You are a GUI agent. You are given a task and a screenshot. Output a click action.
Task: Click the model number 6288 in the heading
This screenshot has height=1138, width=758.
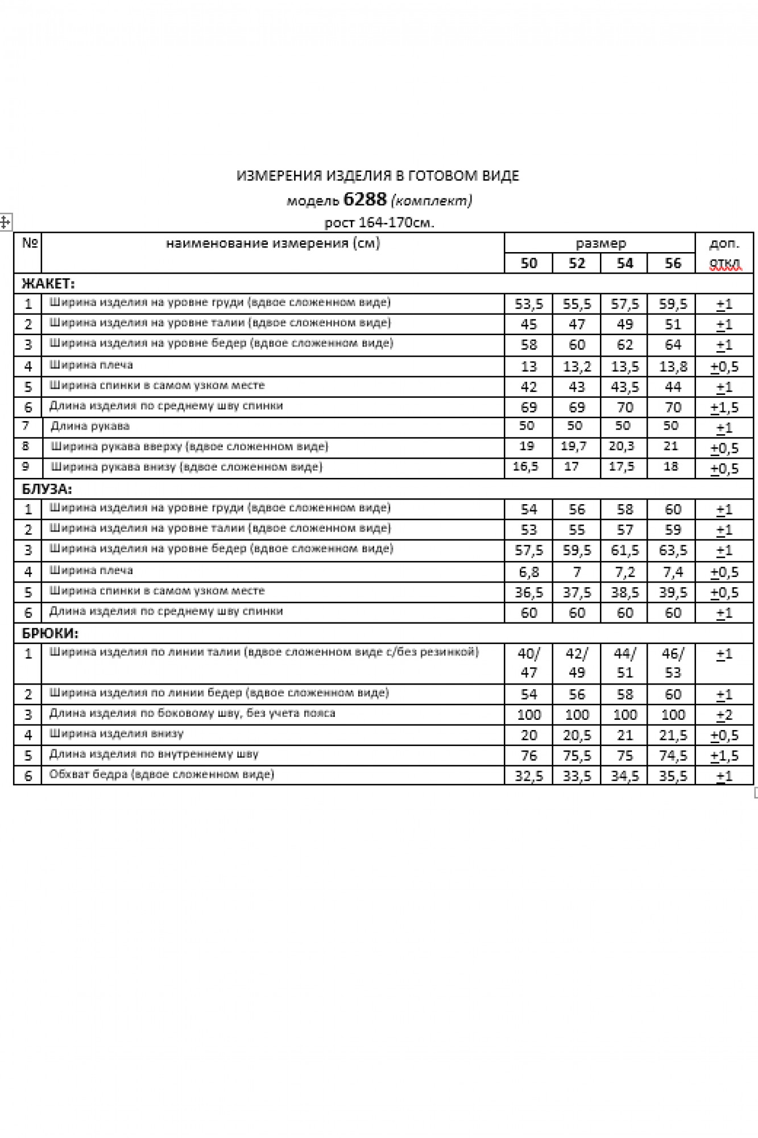click(365, 199)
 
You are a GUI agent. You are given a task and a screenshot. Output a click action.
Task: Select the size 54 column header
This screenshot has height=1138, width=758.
click(624, 263)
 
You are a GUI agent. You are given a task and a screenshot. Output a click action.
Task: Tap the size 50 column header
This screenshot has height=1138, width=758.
click(528, 263)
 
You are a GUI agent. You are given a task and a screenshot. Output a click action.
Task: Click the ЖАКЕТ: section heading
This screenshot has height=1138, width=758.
click(48, 283)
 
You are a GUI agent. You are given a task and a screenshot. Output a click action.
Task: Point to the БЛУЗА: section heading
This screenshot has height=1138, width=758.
click(47, 489)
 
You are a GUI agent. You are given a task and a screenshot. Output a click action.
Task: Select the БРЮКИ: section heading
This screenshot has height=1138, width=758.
click(50, 633)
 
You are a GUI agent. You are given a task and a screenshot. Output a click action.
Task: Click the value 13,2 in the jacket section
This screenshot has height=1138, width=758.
click(577, 366)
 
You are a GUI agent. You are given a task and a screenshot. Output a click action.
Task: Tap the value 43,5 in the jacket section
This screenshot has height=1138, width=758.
click(624, 387)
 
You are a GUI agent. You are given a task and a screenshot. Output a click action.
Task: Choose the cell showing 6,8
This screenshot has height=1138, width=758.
click(528, 572)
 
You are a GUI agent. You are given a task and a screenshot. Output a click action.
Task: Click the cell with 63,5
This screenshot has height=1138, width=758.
click(673, 551)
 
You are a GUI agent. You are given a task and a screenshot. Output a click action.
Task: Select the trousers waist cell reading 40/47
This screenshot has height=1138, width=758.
click(528, 663)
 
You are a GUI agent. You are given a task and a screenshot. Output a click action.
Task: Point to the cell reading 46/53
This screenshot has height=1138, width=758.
click(673, 663)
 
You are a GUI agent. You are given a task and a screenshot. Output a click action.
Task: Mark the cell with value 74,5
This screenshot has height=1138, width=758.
click(673, 756)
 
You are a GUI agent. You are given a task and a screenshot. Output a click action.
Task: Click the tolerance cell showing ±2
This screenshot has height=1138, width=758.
click(724, 715)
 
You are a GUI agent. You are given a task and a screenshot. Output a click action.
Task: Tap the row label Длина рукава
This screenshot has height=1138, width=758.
click(90, 426)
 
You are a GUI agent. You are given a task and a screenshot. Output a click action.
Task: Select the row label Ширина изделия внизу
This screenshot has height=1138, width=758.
click(116, 734)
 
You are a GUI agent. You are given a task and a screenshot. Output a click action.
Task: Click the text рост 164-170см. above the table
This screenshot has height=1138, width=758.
click(379, 222)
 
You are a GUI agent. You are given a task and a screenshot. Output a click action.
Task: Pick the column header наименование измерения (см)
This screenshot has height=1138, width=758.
click(273, 244)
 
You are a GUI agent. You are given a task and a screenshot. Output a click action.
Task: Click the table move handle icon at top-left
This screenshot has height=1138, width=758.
click(5, 222)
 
